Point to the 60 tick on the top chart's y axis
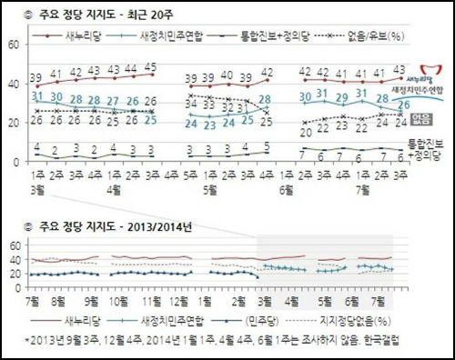click(x=14, y=45)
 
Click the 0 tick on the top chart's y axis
click(x=16, y=162)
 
